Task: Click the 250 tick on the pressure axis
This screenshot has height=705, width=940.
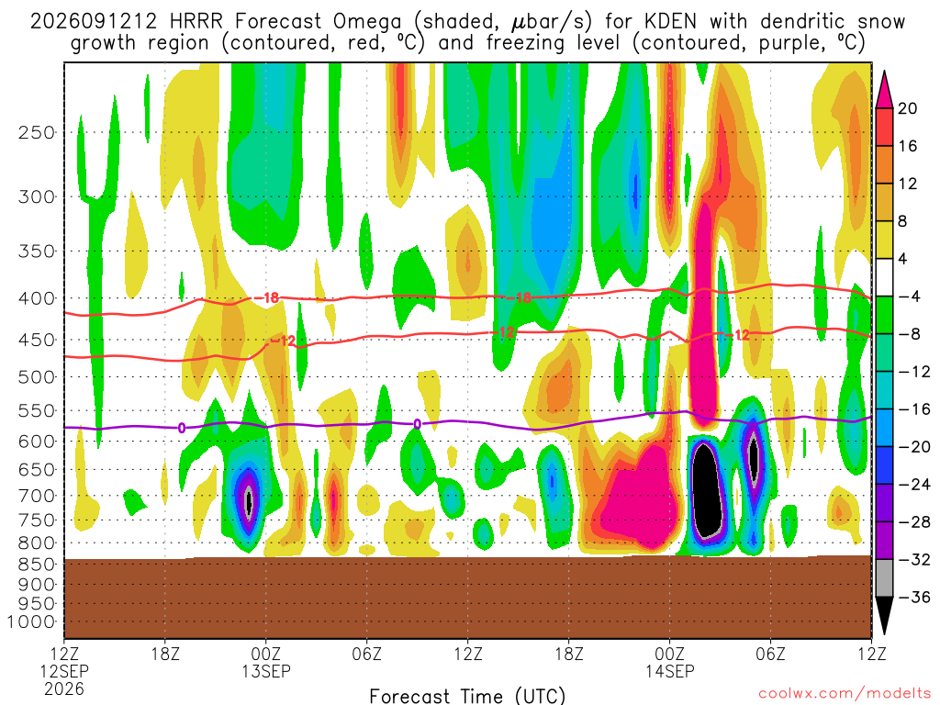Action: pos(37,132)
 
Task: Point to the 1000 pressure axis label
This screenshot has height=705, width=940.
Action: pos(31,622)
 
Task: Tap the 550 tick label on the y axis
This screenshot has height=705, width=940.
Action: pos(37,411)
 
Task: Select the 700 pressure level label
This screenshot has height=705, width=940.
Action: pos(37,496)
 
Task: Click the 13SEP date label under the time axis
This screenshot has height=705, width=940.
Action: pos(266,671)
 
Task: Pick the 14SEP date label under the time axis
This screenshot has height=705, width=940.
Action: pos(669,671)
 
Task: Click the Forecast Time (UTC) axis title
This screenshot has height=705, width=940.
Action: pos(467,696)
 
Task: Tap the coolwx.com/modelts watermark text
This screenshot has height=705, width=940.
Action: pos(844,694)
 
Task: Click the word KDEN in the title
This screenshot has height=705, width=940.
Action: pos(670,22)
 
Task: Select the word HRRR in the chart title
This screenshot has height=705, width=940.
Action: pos(196,22)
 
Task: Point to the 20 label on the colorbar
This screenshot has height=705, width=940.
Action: pos(907,108)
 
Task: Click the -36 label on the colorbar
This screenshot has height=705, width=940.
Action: pos(914,597)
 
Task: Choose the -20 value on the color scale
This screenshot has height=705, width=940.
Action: pos(914,447)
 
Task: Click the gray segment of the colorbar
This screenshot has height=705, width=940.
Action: pos(884,578)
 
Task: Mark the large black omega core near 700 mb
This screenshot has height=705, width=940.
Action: pos(706,488)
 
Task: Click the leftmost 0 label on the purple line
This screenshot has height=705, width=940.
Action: pos(181,428)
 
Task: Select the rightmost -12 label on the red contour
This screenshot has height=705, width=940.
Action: pos(741,334)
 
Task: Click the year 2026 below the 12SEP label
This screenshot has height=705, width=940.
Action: pos(64,688)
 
